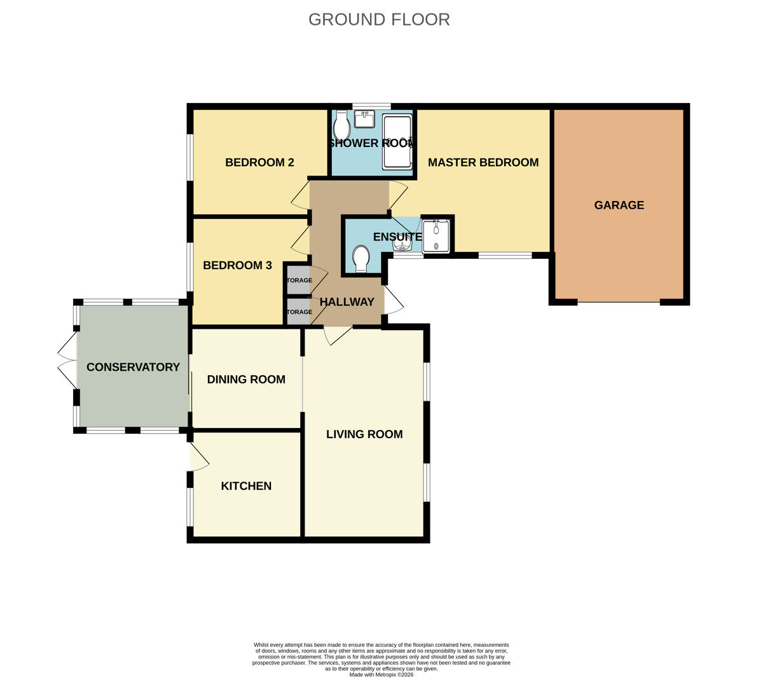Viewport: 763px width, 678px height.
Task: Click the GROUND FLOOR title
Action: (379, 20)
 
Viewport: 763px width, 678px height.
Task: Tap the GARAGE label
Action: (619, 205)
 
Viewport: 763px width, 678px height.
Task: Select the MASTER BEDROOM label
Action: (483, 162)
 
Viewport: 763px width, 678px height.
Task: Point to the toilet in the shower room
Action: (341, 126)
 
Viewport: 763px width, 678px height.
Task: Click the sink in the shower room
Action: (365, 119)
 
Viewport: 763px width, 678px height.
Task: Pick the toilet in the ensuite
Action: (361, 259)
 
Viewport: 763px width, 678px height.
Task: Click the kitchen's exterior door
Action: (198, 458)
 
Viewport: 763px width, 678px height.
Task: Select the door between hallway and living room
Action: (337, 335)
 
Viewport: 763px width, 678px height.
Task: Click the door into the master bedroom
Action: (398, 193)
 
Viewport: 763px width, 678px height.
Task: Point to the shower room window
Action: (371, 106)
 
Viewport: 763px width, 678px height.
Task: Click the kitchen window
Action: (189, 507)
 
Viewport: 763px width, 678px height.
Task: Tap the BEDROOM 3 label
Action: (237, 265)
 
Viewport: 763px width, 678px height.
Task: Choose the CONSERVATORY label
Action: (133, 367)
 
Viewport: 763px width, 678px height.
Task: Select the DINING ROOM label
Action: (246, 379)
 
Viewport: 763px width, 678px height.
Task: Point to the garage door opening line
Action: (619, 302)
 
